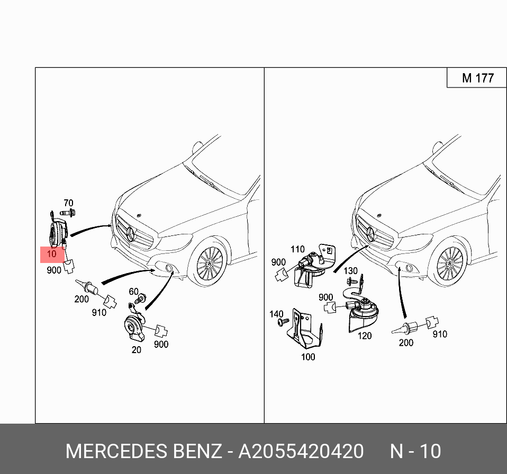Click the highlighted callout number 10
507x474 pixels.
coord(51,254)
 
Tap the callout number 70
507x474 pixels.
coord(68,203)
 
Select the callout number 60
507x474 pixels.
coord(133,292)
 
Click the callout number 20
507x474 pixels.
coord(137,349)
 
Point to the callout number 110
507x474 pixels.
coord(297,249)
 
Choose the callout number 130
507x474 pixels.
coord(350,271)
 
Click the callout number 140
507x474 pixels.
coord(276,314)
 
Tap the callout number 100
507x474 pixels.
coord(308,357)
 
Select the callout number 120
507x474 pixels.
coord(365,336)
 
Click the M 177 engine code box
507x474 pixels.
coord(477,78)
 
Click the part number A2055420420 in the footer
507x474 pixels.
coord(301,451)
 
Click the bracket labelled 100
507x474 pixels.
coord(304,331)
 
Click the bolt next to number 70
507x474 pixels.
coord(67,213)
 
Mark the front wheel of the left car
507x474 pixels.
coord(210,262)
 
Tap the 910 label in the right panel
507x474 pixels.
coord(439,334)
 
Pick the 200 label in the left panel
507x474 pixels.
coord(82,299)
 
